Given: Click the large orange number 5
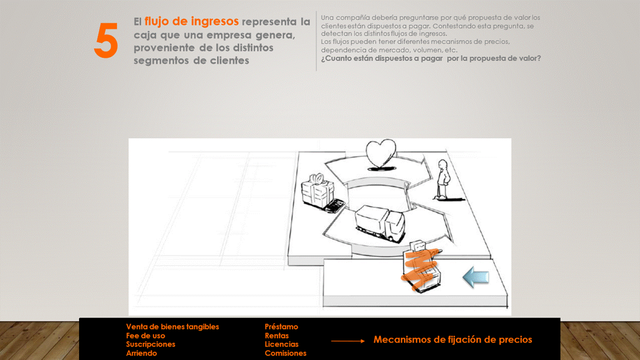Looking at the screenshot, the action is [x=106, y=40].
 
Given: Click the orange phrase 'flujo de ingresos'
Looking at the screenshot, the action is [x=191, y=21].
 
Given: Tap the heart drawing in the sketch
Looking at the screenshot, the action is [x=381, y=154].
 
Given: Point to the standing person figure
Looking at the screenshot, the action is [x=443, y=179].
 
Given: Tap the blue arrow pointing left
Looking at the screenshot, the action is [x=475, y=277].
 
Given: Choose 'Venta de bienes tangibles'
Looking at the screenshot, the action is [x=172, y=326].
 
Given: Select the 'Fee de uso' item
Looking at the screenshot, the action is [x=145, y=335].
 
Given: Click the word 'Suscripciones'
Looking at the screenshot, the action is [x=150, y=344].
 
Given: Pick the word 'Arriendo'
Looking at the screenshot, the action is [x=141, y=353].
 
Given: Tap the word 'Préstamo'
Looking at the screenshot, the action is [x=281, y=326].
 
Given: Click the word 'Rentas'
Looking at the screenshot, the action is [x=276, y=335].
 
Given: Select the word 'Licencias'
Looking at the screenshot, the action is [x=281, y=344].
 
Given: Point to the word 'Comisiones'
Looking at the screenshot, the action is [x=285, y=353].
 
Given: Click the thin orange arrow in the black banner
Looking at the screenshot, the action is [x=347, y=341].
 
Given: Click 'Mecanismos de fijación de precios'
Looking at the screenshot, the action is [x=453, y=339].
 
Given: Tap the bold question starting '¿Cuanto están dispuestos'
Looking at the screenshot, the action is [x=431, y=58].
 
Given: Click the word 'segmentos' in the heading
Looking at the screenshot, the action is [x=160, y=60].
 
